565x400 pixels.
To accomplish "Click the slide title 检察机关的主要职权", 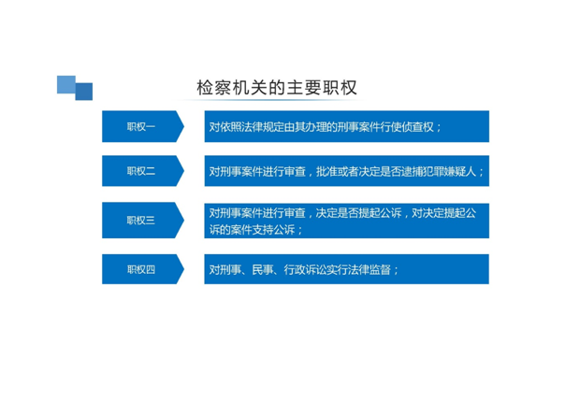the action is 277,88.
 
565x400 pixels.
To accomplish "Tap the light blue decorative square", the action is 65,85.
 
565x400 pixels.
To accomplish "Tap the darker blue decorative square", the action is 84,92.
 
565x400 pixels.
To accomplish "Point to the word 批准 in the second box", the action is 326,171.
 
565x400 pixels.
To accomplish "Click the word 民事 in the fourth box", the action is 262,269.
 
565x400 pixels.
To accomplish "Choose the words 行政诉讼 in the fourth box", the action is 305,269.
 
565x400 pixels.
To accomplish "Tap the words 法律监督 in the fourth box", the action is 369,269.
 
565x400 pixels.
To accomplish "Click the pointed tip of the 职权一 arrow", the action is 184,126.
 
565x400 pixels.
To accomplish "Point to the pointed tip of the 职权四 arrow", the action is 184,269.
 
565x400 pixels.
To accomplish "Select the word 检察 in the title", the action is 214,88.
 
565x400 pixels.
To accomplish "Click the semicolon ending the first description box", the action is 438,128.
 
